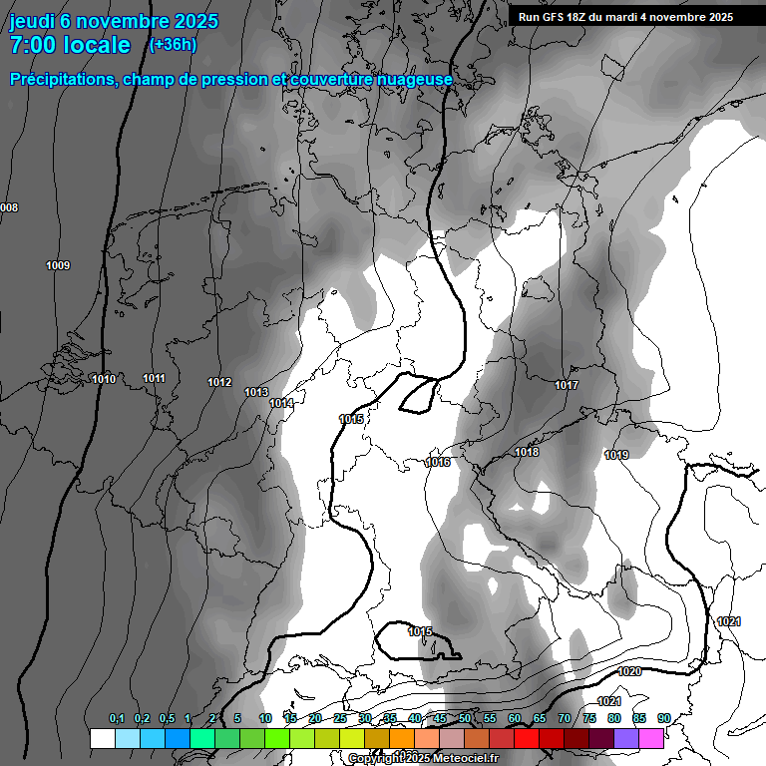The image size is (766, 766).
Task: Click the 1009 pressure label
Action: tap(58, 265)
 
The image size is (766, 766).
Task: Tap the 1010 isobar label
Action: tap(104, 379)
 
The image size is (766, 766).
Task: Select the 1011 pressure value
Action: tap(154, 378)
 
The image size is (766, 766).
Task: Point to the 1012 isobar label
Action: tap(219, 383)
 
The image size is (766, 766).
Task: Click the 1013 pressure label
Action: tap(256, 393)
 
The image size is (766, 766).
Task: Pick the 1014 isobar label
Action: tap(281, 403)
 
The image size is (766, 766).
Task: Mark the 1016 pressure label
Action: tap(438, 462)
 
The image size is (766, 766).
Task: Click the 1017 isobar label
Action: tap(567, 385)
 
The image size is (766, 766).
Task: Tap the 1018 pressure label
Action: tap(527, 453)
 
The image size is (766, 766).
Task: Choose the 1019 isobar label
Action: tap(616, 455)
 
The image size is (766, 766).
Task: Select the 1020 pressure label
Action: tap(629, 672)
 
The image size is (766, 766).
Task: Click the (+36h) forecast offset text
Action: tap(173, 45)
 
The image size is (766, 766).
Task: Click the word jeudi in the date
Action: tap(33, 21)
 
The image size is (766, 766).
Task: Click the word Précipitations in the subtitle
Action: tap(61, 80)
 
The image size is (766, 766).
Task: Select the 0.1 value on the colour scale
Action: tap(117, 719)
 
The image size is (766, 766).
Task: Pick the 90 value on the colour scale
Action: tap(663, 719)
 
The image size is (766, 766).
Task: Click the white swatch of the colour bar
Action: tap(102, 738)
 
